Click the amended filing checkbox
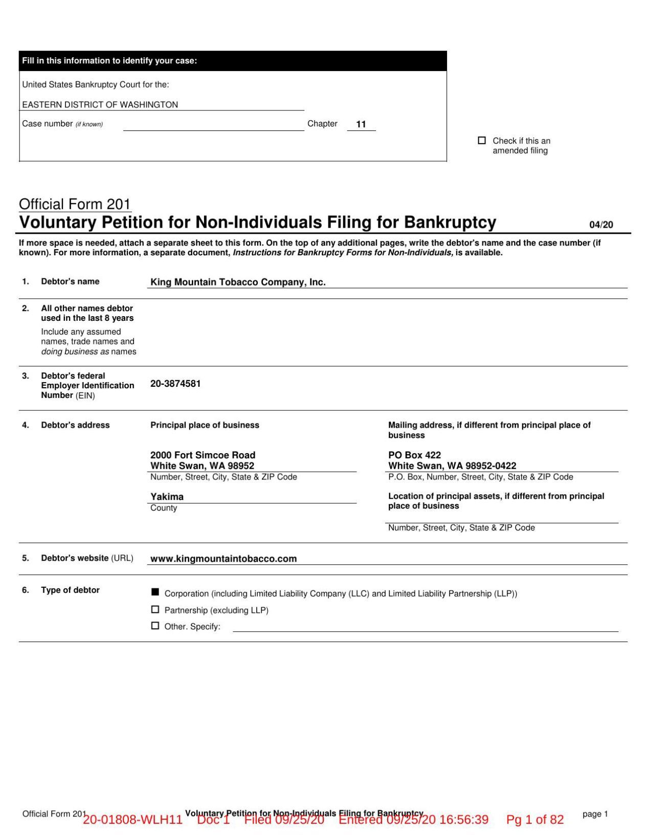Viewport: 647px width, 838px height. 481,140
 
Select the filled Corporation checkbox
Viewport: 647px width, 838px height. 155,592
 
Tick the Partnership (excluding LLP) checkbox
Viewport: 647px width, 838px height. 155,609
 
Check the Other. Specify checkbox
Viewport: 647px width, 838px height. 155,625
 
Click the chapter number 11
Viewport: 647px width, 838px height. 361,124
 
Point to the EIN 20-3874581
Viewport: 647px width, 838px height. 175,384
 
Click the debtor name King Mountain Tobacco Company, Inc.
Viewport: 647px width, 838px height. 238,282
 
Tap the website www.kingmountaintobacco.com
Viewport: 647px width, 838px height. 224,559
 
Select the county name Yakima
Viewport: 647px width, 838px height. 167,496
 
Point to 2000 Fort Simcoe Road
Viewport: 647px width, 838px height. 203,455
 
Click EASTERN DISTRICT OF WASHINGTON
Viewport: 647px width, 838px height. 100,104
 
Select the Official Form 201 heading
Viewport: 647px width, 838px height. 75,204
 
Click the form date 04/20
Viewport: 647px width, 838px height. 601,225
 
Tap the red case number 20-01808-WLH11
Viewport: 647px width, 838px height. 132,820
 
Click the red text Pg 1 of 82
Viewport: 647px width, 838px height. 534,820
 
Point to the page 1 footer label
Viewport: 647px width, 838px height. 595,814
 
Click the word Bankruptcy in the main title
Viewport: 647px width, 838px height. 450,223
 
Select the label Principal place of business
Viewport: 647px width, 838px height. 205,425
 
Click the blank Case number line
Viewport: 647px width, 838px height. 213,125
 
